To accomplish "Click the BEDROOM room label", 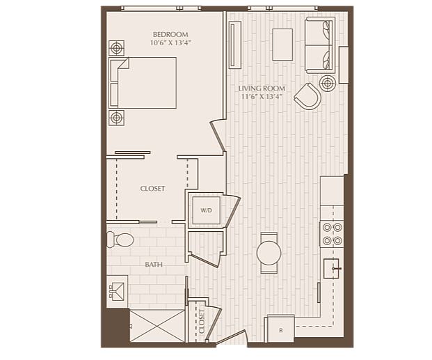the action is point(170,35).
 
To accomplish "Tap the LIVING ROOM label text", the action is point(262,88).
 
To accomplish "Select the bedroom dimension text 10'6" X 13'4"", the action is point(170,42).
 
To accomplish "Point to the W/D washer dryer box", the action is point(206,210).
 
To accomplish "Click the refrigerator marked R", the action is point(281,329).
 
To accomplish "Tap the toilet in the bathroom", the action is point(120,240).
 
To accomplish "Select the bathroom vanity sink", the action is point(117,291).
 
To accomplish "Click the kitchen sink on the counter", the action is point(331,268).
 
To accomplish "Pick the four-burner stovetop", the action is point(332,234).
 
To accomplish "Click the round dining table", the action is point(269,253).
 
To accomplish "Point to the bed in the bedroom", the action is point(143,83).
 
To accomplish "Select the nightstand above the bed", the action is point(116,48).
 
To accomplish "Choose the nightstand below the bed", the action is point(116,118).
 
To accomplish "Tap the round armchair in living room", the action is point(308,96).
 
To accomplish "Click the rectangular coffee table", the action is point(282,45).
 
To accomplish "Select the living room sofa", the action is point(320,45).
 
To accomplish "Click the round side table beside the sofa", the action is point(328,83).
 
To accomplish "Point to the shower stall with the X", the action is point(157,326).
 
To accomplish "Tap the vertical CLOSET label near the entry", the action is point(202,322).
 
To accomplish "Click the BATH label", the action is point(154,265).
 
